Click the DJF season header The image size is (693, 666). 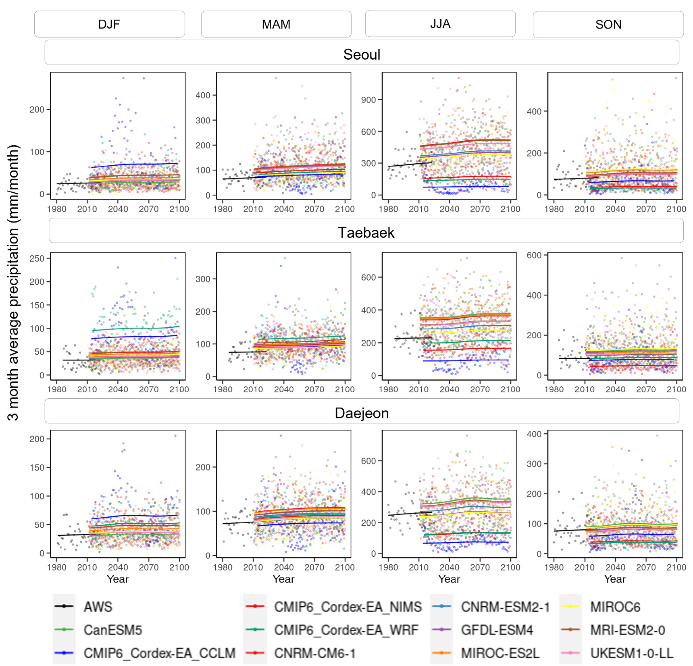(x=109, y=24)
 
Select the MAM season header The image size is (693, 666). (x=276, y=24)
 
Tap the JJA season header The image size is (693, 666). (x=440, y=24)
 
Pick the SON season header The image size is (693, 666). (x=608, y=24)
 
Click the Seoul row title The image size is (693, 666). (x=362, y=54)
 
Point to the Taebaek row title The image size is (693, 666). (x=366, y=233)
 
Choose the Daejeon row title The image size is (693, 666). (x=362, y=413)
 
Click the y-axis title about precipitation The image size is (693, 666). (x=13, y=282)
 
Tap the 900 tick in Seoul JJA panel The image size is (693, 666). (x=368, y=100)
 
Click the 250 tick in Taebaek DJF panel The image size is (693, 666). (x=37, y=258)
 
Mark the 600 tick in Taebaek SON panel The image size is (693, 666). (x=534, y=255)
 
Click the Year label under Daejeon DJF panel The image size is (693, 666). (x=117, y=579)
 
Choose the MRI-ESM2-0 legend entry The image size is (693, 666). (x=627, y=630)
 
